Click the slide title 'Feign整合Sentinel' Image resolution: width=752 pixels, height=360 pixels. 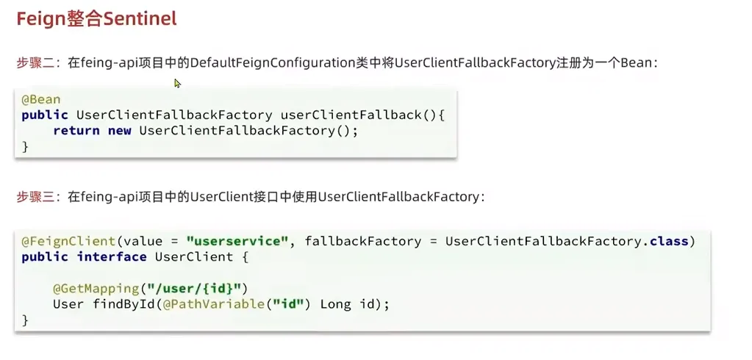click(97, 18)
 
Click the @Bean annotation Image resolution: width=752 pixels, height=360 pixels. click(41, 99)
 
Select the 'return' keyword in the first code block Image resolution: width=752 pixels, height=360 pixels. click(76, 130)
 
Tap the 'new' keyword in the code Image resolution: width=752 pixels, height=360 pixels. click(118, 130)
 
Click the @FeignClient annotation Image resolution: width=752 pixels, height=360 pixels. click(68, 241)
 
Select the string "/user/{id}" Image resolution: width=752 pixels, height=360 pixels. click(212, 288)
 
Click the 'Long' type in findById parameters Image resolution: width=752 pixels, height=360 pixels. click(335, 303)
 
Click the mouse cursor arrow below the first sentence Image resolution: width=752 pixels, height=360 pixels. click(177, 83)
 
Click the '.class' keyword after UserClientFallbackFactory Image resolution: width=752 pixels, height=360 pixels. click(667, 241)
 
